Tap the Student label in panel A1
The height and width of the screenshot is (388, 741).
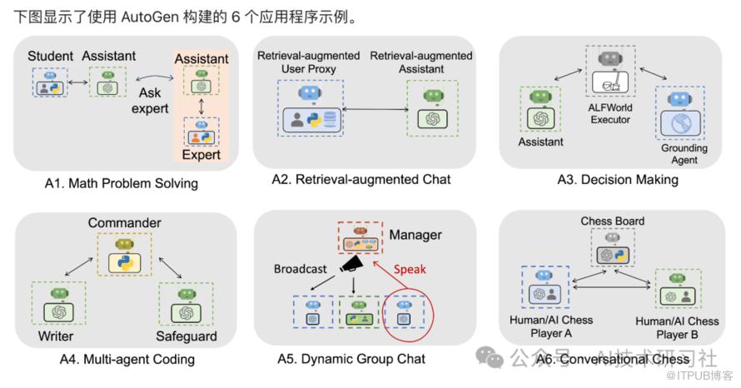(50, 56)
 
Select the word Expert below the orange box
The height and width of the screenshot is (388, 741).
(201, 154)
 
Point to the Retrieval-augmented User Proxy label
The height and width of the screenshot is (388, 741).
(308, 62)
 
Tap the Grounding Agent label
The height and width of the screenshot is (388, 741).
(684, 155)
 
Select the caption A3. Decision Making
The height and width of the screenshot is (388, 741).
(618, 179)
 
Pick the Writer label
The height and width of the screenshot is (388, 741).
(55, 336)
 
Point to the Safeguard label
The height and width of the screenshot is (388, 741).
(186, 336)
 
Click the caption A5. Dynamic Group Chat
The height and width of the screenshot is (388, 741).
(351, 359)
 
